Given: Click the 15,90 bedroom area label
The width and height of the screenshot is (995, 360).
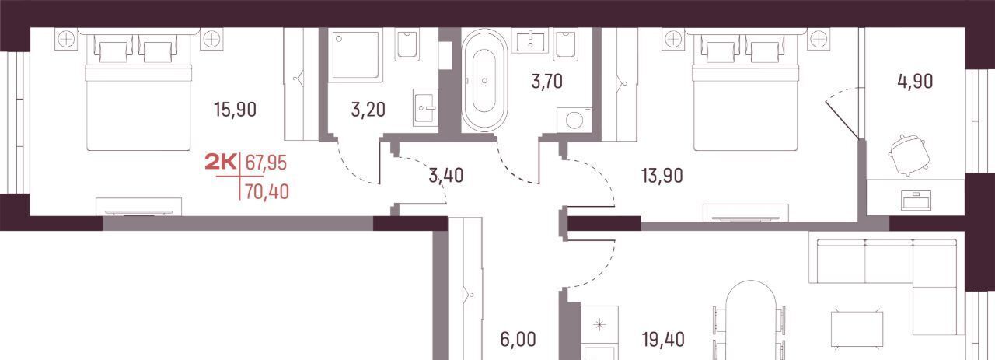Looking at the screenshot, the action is (x=235, y=110).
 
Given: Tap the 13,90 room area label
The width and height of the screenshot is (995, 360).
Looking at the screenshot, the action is (x=662, y=176).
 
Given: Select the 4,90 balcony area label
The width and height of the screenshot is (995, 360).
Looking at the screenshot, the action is (x=915, y=82).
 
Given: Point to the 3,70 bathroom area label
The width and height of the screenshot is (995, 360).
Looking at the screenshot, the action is (x=546, y=82).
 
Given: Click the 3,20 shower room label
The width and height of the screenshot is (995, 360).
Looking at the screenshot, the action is (x=368, y=110).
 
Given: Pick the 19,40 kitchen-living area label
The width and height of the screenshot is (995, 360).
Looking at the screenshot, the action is (x=663, y=340).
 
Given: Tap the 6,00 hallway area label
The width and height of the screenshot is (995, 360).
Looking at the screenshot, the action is (x=518, y=340).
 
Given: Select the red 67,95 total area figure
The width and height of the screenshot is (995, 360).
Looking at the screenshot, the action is (x=266, y=163).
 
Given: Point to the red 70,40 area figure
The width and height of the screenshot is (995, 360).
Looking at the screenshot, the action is (x=267, y=192).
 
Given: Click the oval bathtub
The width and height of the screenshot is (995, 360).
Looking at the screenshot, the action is (x=484, y=80).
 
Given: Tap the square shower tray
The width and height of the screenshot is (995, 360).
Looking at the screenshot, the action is (x=355, y=55).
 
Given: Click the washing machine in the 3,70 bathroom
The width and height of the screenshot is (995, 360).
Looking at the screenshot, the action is (x=574, y=120).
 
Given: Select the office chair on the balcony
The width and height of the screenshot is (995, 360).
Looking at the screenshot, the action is (x=909, y=154).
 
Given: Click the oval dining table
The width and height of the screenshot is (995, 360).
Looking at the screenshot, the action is (x=751, y=320).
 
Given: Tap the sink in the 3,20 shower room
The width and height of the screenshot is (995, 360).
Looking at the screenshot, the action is (x=425, y=107).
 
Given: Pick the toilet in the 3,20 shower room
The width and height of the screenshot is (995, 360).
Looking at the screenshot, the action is (x=407, y=44).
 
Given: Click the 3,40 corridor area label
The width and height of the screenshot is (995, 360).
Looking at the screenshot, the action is (x=446, y=176).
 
